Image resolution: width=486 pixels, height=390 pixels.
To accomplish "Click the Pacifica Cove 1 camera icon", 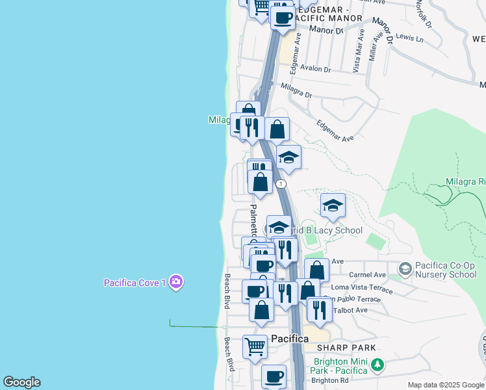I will click(x=176, y=282).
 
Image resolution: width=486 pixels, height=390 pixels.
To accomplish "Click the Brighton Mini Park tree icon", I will click(x=376, y=366).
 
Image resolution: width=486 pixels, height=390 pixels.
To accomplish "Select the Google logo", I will click(x=21, y=382).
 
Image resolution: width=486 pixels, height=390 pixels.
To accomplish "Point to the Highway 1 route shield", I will click(x=281, y=184).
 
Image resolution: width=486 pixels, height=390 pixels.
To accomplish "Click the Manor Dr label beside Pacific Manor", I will click(x=326, y=29).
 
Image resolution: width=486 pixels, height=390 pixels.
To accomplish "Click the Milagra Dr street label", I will click(x=296, y=90).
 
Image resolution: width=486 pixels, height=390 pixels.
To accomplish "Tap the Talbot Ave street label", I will click(x=350, y=310).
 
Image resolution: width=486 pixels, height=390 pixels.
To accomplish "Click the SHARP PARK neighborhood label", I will click(x=352, y=348).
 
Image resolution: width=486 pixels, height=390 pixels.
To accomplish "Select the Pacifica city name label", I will click(x=290, y=339).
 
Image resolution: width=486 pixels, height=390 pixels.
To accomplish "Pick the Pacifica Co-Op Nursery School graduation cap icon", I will click(x=405, y=268).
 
